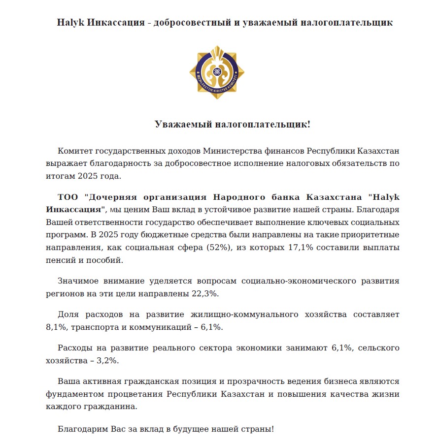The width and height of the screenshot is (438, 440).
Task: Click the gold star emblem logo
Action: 214,72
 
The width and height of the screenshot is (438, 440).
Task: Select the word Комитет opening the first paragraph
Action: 74,151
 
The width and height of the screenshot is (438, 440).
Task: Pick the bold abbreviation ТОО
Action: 68,197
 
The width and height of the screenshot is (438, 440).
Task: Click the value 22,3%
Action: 205,294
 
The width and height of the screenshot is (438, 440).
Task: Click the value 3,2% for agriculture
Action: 107,360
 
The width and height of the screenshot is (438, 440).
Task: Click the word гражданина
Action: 107,407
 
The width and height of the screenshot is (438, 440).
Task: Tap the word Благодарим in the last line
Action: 80,429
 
